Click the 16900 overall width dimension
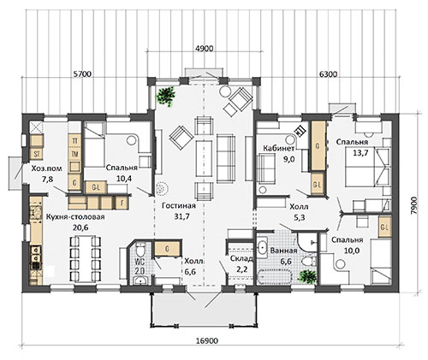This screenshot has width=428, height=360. [x=207, y=341]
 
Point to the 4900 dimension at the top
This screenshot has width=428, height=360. [x=204, y=49]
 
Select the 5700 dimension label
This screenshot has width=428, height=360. [x=82, y=74]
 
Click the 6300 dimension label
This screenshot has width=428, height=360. [x=328, y=74]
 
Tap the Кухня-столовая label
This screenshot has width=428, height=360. [x=75, y=216]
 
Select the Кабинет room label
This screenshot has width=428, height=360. [x=278, y=149]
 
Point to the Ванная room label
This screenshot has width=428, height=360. [x=283, y=251]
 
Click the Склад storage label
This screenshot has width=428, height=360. [x=241, y=258]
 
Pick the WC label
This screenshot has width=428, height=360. [x=140, y=262]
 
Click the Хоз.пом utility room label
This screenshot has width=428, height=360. [x=46, y=168]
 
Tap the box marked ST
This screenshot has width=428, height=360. [x=37, y=154]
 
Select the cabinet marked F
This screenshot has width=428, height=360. [x=122, y=203]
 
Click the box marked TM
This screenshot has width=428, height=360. [x=75, y=154]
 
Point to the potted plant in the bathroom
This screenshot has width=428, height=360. [x=307, y=276]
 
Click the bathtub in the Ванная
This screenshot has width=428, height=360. [x=275, y=277]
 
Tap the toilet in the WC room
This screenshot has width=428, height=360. [x=140, y=250]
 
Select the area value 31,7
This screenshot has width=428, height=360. [x=181, y=216]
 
